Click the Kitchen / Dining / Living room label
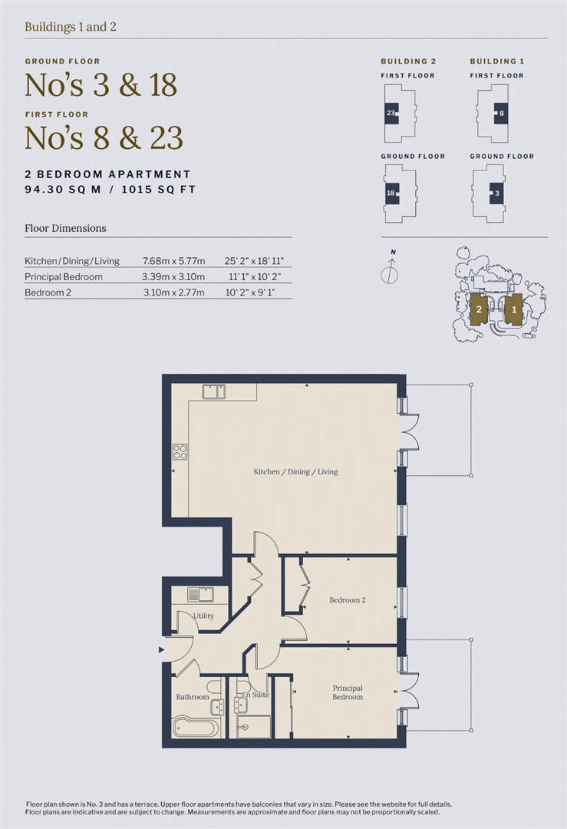pos(295,471)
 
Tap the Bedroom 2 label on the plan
pos(347,599)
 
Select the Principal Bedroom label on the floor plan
pos(347,692)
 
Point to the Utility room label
pos(203,616)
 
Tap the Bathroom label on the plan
pos(193,697)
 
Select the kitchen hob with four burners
pos(180,451)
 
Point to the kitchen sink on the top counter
pos(214,391)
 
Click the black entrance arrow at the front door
pos(161,650)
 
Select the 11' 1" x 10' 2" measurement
pos(255,276)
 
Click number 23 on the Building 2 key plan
pos(391,113)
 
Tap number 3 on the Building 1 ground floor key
pos(496,193)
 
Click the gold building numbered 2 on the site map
pos(479,309)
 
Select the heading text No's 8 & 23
pos(104,138)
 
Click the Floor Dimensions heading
pos(65,228)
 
